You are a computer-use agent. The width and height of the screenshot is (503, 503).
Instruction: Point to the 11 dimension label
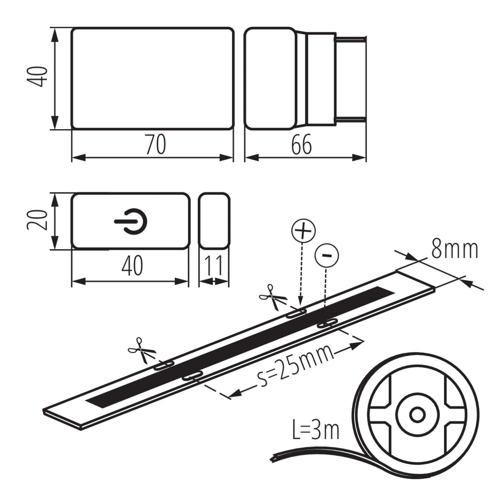[214, 266]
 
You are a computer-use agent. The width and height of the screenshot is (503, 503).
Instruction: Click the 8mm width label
[454, 250]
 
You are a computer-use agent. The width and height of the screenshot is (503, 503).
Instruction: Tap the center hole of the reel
[417, 415]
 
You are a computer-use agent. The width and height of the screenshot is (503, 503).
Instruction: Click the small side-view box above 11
[214, 220]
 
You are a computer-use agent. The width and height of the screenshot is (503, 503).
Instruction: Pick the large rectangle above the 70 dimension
[152, 78]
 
